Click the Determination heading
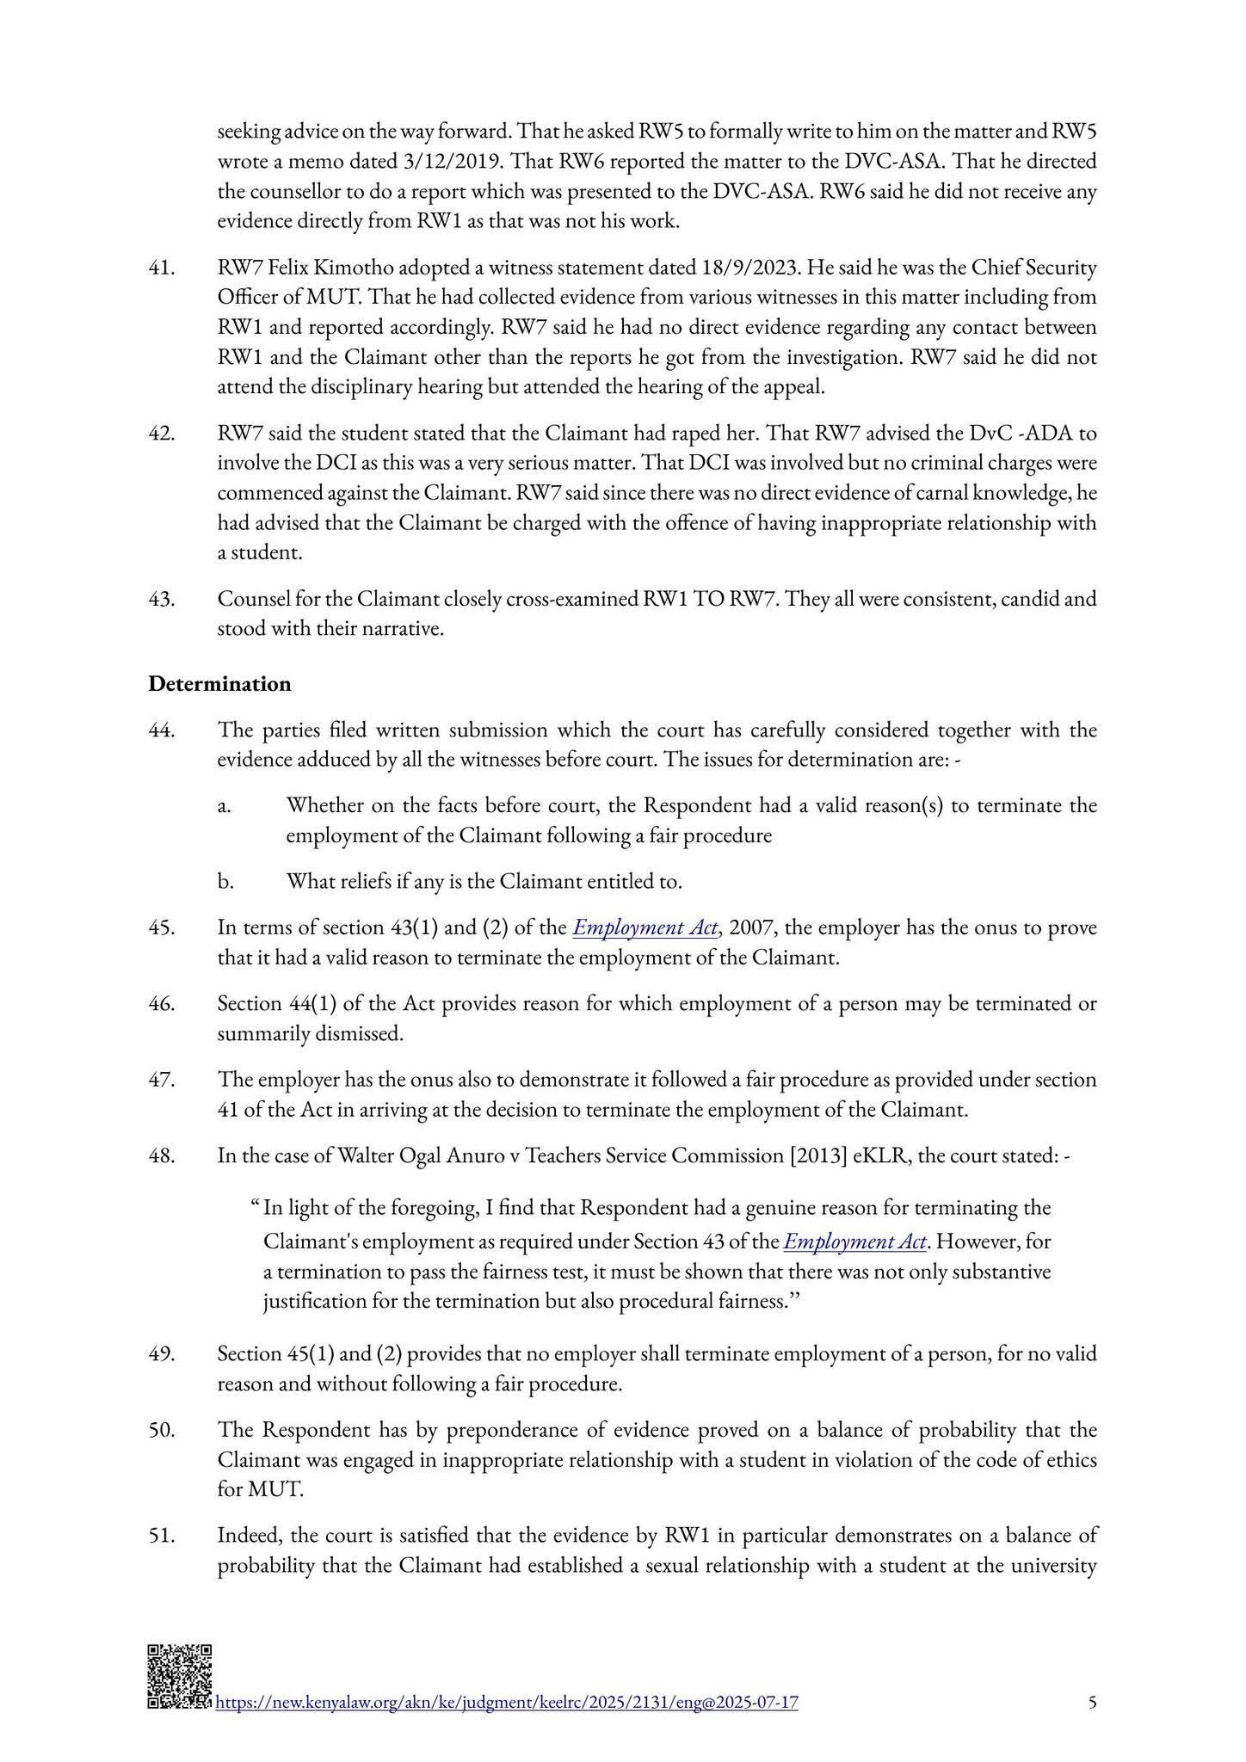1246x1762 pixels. pyautogui.click(x=219, y=684)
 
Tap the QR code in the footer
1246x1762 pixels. pyautogui.click(x=179, y=1677)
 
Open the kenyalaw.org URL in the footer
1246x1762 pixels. pyautogui.click(x=506, y=1702)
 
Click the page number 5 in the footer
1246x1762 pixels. pyautogui.click(x=1092, y=1702)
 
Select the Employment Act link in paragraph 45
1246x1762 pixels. pyautogui.click(x=645, y=927)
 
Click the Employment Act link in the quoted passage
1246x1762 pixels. pyautogui.click(x=855, y=1241)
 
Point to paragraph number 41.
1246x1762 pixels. pyautogui.click(x=162, y=268)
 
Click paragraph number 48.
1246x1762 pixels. pyautogui.click(x=162, y=1155)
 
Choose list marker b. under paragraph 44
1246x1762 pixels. pyautogui.click(x=225, y=881)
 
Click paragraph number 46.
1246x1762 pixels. pyautogui.click(x=162, y=1003)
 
